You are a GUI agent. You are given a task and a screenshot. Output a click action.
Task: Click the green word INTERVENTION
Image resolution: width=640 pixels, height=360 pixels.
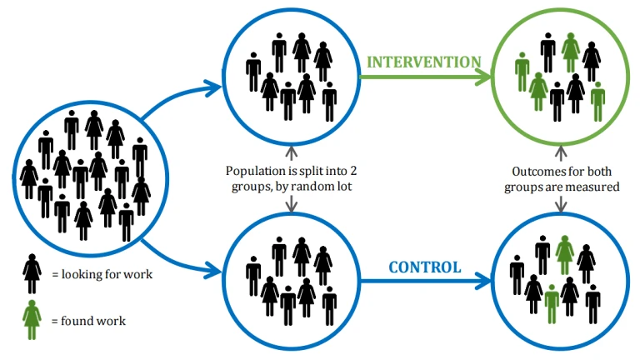click(x=424, y=62)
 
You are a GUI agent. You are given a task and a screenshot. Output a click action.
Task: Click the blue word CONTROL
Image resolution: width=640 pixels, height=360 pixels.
click(x=425, y=267)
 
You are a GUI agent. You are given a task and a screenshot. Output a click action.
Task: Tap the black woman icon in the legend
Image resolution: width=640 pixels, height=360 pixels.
click(x=32, y=273)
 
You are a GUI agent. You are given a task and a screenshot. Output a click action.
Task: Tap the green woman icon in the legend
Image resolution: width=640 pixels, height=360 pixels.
click(x=32, y=320)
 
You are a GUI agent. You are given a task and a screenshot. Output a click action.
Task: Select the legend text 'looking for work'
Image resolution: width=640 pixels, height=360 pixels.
click(x=107, y=274)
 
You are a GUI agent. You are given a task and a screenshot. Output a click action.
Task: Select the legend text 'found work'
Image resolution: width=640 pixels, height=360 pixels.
click(x=93, y=321)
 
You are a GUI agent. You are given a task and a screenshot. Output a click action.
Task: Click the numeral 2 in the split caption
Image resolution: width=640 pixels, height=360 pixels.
click(x=353, y=171)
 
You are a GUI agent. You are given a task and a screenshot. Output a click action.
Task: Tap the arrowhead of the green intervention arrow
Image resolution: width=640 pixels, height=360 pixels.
click(x=484, y=77)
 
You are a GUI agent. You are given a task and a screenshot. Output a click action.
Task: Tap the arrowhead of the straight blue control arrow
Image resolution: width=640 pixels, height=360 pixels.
click(x=484, y=281)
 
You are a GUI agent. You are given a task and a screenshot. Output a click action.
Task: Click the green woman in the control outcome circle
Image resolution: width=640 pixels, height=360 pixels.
click(x=565, y=254)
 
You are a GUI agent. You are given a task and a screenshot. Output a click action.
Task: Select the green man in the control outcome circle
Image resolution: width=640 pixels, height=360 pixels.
click(x=552, y=304)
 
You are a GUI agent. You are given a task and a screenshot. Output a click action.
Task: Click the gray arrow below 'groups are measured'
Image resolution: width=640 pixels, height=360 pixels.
click(x=561, y=204)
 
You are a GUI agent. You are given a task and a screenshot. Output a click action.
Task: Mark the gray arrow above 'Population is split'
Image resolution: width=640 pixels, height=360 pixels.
click(x=291, y=153)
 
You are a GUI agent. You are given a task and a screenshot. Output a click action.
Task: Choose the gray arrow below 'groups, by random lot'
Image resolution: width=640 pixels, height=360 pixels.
click(x=291, y=204)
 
